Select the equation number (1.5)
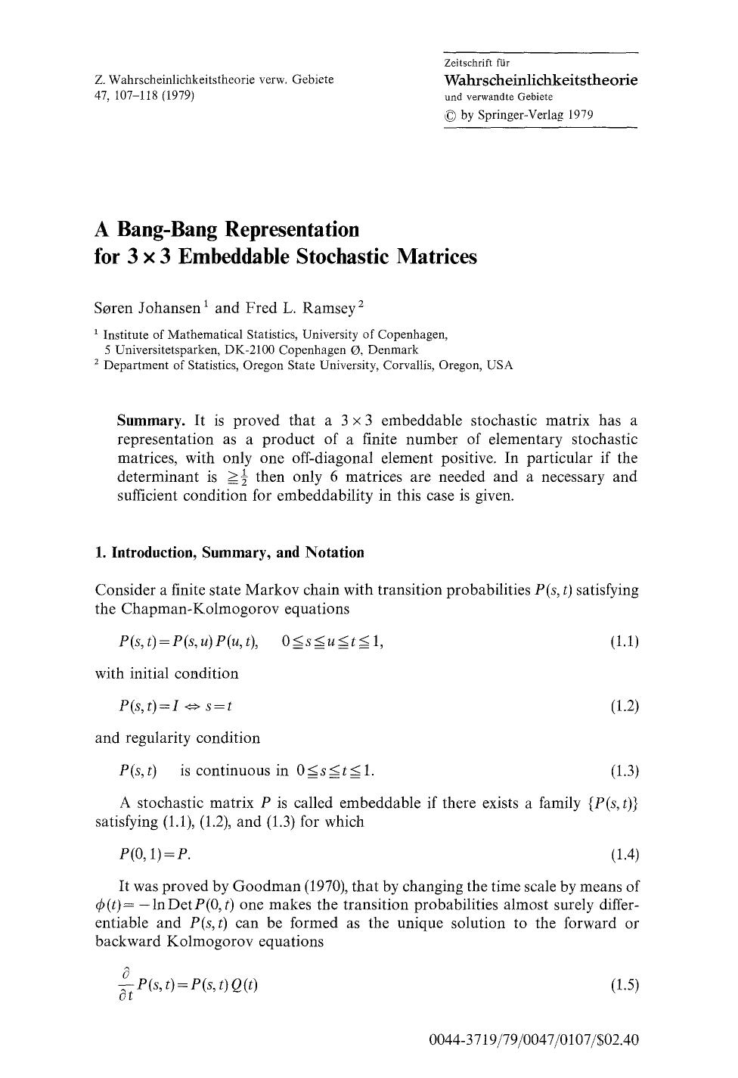624,985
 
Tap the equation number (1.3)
624,771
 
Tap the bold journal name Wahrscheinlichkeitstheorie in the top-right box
541,79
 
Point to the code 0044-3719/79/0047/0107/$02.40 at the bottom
534,1039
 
